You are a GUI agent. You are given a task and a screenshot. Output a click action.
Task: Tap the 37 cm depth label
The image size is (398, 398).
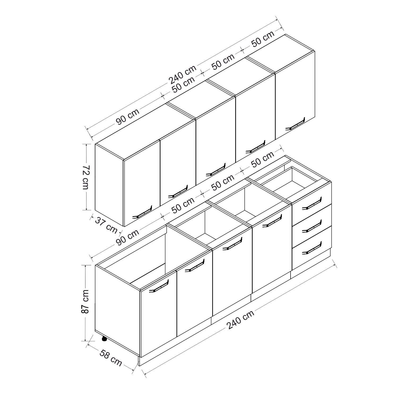point(106,225)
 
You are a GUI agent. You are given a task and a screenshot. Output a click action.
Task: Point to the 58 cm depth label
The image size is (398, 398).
point(110,358)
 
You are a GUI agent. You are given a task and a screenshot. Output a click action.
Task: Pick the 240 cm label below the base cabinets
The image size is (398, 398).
point(240,319)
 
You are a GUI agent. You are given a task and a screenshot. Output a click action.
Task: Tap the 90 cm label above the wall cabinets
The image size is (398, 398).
point(127,117)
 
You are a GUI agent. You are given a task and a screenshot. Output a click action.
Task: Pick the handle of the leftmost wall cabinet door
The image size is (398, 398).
point(143,212)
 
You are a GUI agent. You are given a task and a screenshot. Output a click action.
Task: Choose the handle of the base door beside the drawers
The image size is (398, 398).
point(272,221)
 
